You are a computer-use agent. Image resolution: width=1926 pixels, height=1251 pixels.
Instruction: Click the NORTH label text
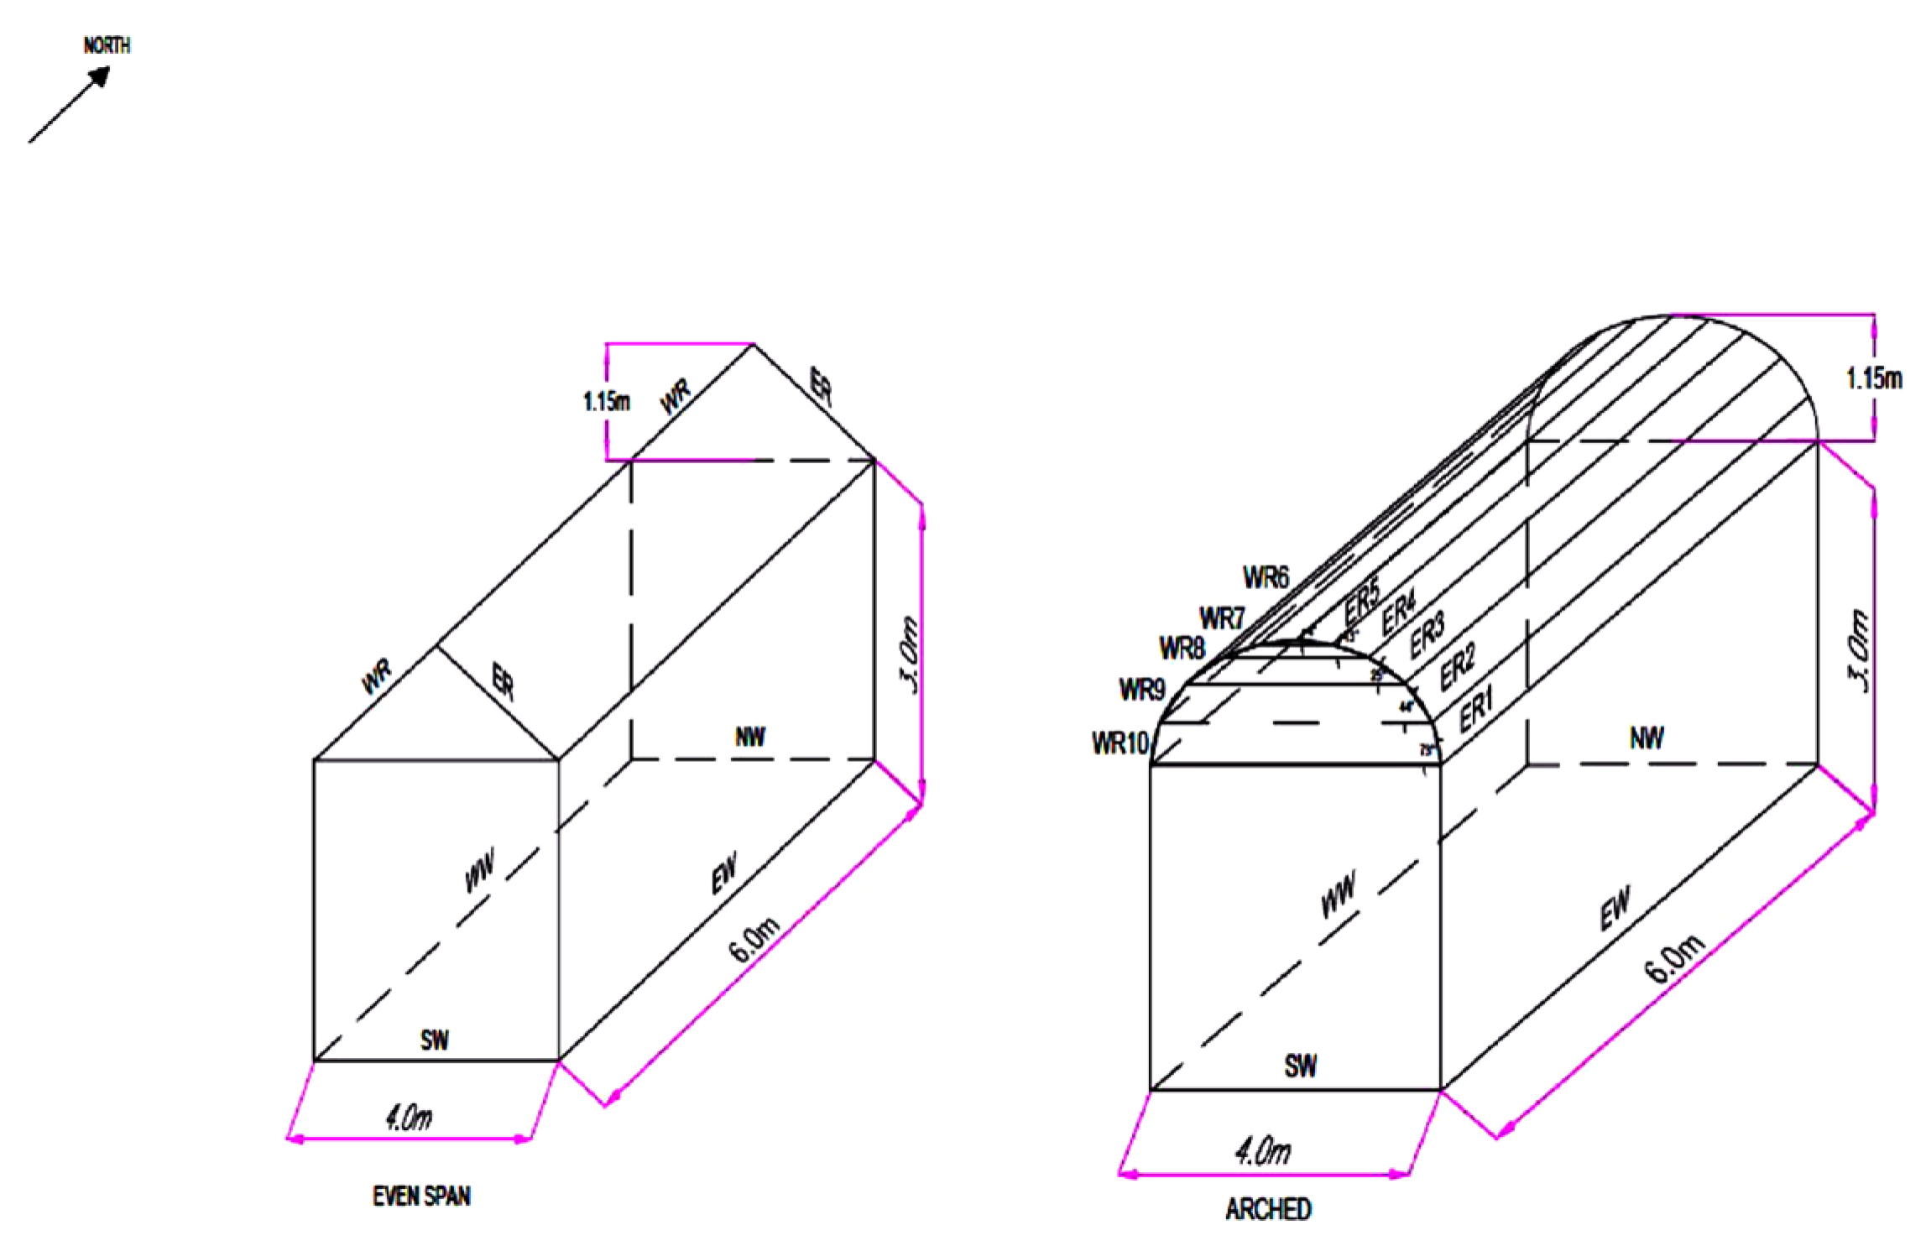coord(107,45)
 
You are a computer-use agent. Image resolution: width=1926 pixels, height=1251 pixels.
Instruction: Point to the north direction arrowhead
coord(100,76)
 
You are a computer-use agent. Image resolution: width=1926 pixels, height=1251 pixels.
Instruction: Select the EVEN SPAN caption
coord(421,1196)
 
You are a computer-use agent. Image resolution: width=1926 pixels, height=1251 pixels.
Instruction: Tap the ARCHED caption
coord(1268,1209)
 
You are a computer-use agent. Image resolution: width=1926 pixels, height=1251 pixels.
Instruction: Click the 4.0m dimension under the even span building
coord(409,1118)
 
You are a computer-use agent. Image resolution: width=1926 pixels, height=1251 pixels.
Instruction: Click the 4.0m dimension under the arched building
coord(1262,1150)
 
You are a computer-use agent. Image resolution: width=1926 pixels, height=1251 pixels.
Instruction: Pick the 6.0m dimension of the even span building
coord(754,940)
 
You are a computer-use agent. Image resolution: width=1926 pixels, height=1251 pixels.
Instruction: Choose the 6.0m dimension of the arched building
coord(1673,957)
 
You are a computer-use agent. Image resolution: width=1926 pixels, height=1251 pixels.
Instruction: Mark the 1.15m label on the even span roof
coord(606,401)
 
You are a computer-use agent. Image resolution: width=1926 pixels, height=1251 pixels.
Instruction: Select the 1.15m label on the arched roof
coord(1873,378)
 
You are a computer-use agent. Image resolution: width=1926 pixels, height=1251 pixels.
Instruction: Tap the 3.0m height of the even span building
coord(910,655)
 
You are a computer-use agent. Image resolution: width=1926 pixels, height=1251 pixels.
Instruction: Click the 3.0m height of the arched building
coord(1860,651)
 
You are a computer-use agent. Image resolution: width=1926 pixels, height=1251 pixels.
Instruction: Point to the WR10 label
coord(1119,743)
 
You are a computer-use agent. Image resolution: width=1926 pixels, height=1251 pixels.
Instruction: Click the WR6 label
coord(1266,577)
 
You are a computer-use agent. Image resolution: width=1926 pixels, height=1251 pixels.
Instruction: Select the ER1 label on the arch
coord(1476,710)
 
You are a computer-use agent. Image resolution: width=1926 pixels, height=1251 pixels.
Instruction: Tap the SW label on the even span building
coord(434,1040)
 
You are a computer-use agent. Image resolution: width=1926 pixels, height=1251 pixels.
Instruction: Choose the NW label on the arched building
coord(1646,738)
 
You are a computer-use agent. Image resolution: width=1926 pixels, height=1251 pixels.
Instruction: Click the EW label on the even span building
coord(723,873)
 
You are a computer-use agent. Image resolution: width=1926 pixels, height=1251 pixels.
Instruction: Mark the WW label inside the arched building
coord(1338,894)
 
